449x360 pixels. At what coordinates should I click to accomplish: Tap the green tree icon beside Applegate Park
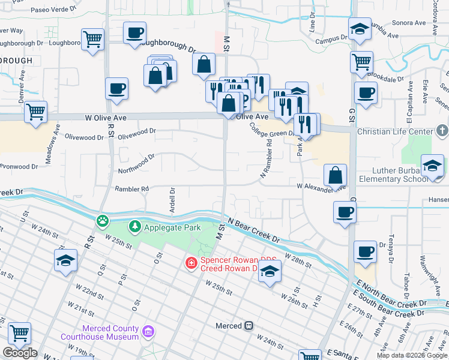pos(136,227)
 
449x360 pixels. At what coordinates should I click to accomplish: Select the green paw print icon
pos(103,221)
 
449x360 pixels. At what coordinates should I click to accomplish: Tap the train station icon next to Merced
pos(247,326)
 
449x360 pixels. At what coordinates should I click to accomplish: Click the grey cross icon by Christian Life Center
pos(442,130)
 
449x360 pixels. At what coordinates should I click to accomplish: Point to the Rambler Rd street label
pos(131,189)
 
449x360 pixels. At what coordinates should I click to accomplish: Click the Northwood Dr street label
pos(136,160)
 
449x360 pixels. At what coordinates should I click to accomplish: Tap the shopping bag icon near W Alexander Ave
pos(335,175)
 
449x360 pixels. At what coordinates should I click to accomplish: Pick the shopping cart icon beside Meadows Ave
pos(36,111)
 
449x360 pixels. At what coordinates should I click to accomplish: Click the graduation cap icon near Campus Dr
pos(360,29)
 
